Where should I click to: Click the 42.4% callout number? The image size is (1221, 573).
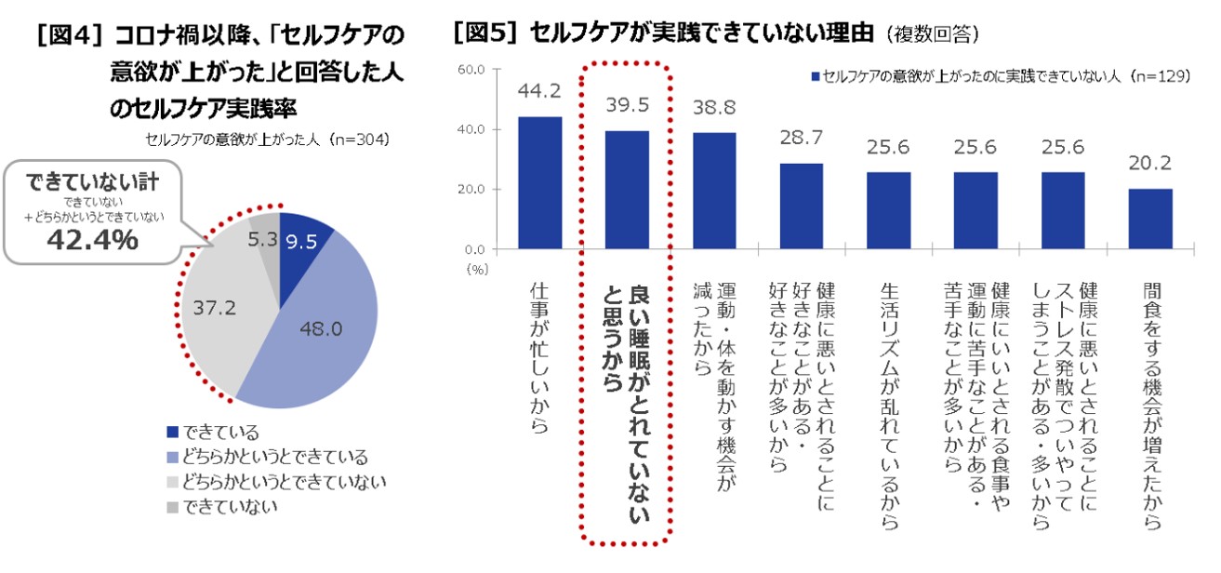point(93,240)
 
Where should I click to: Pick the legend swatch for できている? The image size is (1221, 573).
point(172,432)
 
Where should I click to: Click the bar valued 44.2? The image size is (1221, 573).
point(539,182)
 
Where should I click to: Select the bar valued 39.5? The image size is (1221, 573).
point(627,190)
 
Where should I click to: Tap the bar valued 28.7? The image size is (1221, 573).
point(802,206)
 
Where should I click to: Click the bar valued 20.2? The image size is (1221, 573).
point(1150,219)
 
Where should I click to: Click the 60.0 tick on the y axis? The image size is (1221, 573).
point(471,69)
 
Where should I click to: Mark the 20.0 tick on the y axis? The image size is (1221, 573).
point(471,190)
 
